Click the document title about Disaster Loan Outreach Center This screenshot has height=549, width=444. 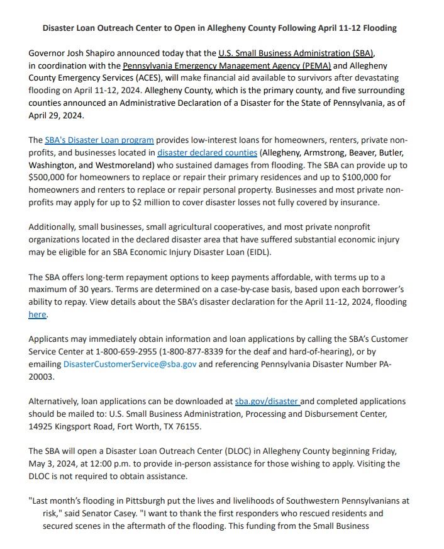[219, 28]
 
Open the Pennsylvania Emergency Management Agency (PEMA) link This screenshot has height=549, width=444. [226, 65]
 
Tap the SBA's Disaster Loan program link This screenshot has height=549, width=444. [99, 140]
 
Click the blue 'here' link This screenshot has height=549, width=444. [38, 314]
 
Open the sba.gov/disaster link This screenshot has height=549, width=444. [267, 401]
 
